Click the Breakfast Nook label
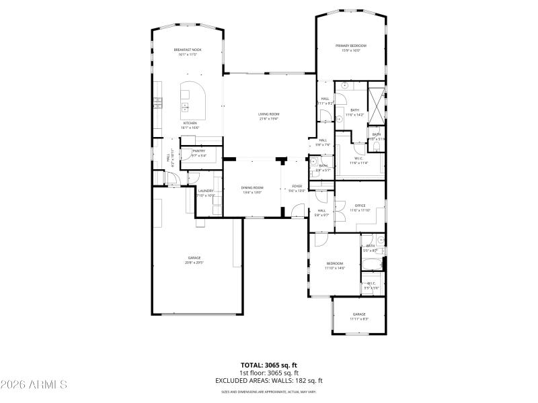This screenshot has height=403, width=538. (x=188, y=50)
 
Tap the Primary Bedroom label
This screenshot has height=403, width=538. (x=352, y=46)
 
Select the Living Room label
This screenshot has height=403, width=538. (x=268, y=114)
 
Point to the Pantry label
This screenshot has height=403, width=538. (x=198, y=151)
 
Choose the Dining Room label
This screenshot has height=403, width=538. (x=253, y=187)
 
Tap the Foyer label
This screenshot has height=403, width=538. (x=297, y=185)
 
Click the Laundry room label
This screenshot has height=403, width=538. (x=206, y=191)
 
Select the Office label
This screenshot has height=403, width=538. (x=360, y=206)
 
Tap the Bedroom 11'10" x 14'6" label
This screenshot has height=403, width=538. (x=335, y=263)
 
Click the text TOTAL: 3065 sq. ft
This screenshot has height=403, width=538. (x=268, y=365)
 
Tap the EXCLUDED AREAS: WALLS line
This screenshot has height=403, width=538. (x=268, y=380)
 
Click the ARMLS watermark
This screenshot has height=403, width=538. (x=34, y=385)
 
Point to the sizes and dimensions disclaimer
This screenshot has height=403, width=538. (x=268, y=392)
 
